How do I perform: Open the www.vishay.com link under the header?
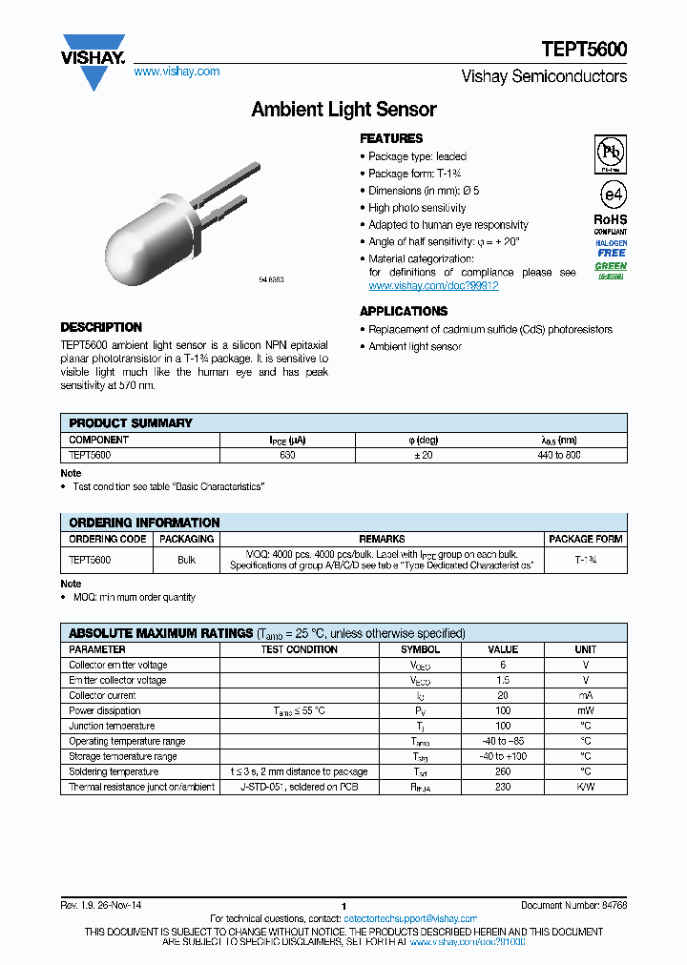177,72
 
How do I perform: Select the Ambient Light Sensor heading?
343,110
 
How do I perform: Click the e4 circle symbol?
611,195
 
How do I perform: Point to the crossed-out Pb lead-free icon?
611,152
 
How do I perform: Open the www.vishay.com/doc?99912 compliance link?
433,285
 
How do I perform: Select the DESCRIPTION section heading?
101,327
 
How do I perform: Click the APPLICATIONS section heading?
404,312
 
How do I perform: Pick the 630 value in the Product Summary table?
287,456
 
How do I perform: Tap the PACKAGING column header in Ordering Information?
186,539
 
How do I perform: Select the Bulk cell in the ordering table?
186,560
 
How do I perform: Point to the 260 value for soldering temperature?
503,771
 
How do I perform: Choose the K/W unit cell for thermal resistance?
585,787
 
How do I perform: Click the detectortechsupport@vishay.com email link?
410,918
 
